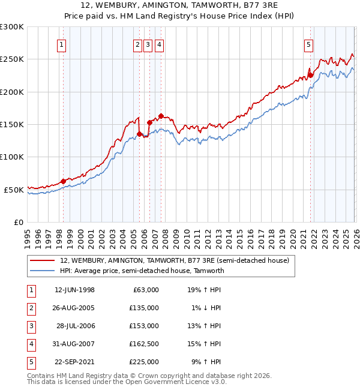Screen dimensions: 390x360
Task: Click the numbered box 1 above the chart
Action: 63,44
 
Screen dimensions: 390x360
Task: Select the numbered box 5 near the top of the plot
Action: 309,44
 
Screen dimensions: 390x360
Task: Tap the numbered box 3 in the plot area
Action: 148,44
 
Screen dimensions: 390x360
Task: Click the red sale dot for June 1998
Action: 64,181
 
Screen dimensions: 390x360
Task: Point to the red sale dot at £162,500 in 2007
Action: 161,116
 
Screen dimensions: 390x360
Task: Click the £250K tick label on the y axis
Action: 12,59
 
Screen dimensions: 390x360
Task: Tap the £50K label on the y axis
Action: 14,190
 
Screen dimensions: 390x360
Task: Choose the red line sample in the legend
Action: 43,261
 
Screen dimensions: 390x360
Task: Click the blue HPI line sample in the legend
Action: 43,271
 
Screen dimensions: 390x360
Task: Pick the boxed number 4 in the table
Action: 31,344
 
